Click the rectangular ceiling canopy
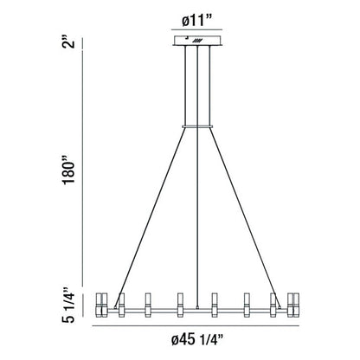tap(196, 41)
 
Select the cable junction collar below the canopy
tap(196, 127)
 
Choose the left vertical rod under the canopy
tap(184, 87)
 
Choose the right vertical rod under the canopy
tap(209, 87)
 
